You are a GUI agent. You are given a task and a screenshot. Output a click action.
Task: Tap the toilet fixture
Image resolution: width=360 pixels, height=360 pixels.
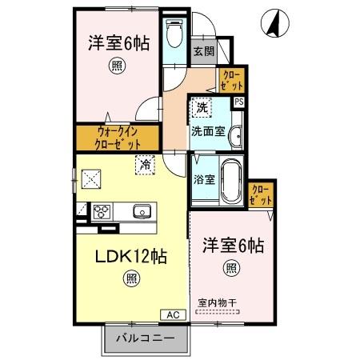point(174,35)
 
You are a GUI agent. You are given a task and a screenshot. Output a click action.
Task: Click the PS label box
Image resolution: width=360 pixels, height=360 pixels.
point(238,102)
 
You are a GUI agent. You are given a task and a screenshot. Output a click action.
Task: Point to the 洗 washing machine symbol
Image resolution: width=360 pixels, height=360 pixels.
point(202,106)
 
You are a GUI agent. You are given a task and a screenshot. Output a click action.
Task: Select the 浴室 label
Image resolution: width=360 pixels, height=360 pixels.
point(203,180)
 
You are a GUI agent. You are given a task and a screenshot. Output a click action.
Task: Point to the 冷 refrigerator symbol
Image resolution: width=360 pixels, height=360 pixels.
point(146,164)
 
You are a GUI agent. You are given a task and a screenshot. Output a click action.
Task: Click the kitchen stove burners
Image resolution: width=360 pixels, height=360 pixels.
point(102,212)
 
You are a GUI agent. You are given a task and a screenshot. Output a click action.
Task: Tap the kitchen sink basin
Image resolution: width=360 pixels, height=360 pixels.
point(142,212)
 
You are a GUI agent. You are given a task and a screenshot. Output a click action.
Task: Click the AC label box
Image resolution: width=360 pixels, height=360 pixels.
point(174,314)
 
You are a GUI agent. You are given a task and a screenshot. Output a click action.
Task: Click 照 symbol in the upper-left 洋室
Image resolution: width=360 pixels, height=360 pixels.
point(118,68)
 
